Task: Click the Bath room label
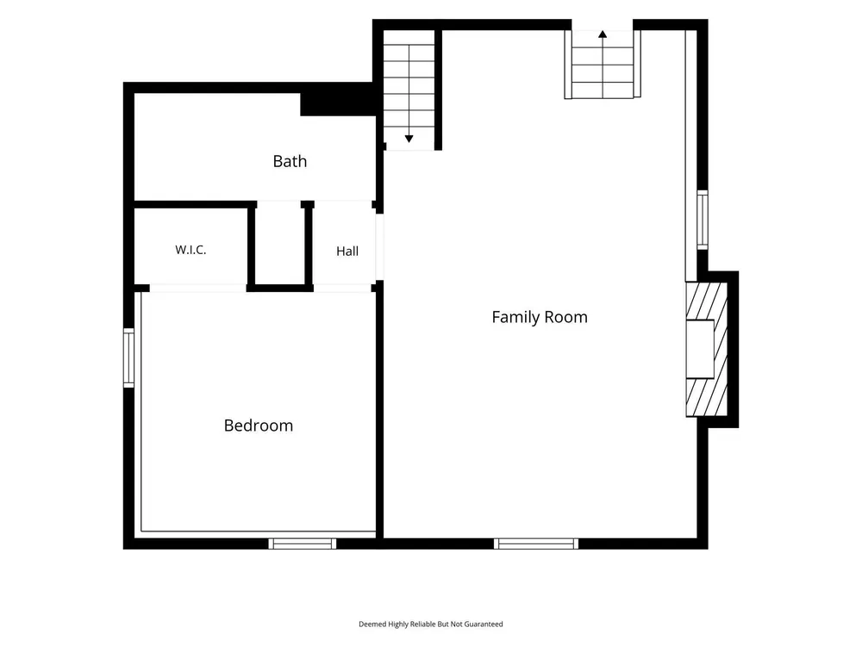290,161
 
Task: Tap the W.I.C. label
191,250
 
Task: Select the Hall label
347,251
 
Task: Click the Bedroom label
259,425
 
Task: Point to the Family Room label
540,317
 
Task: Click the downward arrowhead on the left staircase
409,139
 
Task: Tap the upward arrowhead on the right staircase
603,34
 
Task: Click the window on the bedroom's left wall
128,357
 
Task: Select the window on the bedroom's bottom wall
303,544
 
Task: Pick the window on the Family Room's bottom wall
536,544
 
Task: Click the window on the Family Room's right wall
703,220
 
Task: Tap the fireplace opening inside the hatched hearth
700,349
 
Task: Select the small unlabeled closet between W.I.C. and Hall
280,244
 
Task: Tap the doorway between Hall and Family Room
379,247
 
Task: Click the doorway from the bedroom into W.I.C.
198,289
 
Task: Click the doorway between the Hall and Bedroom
342,289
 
